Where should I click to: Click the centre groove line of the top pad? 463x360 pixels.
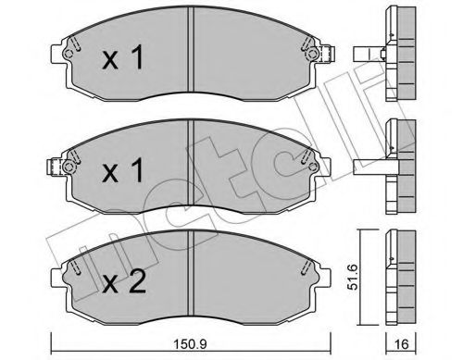pos(190,56)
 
